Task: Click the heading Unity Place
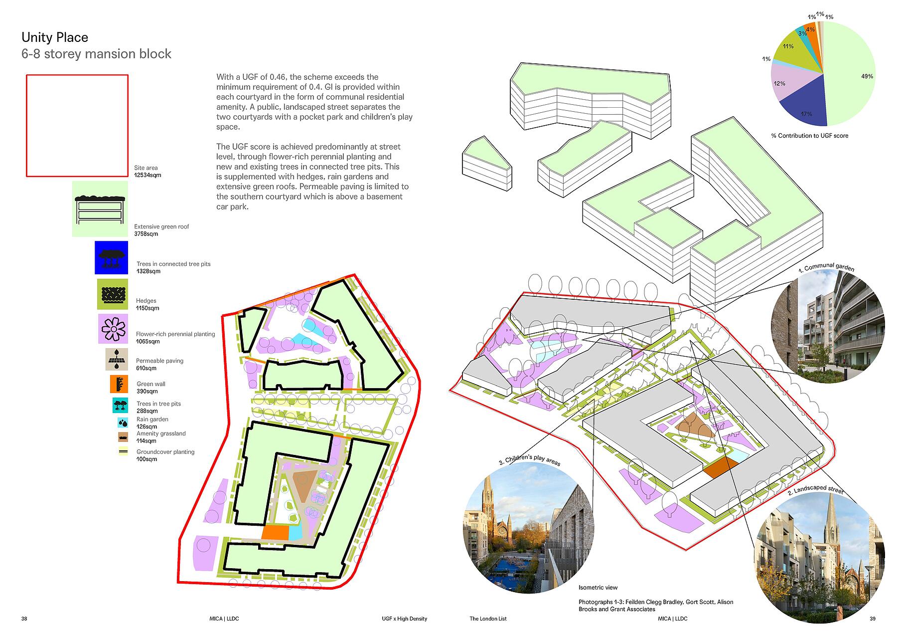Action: click(x=55, y=37)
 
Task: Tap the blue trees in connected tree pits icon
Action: click(x=111, y=257)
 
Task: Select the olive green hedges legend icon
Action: click(x=112, y=294)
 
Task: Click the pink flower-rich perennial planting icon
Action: click(x=113, y=329)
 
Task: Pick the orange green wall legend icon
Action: click(x=119, y=384)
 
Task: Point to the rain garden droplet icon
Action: click(x=123, y=423)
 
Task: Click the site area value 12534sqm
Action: click(x=148, y=176)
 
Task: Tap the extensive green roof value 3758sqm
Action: click(x=146, y=234)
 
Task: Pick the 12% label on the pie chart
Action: click(x=779, y=83)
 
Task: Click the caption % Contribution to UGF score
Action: click(x=809, y=136)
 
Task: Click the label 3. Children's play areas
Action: click(x=530, y=460)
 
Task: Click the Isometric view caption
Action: click(x=598, y=588)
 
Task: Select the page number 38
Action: click(x=24, y=619)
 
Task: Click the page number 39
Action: click(x=872, y=619)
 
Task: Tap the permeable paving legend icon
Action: click(x=117, y=359)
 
